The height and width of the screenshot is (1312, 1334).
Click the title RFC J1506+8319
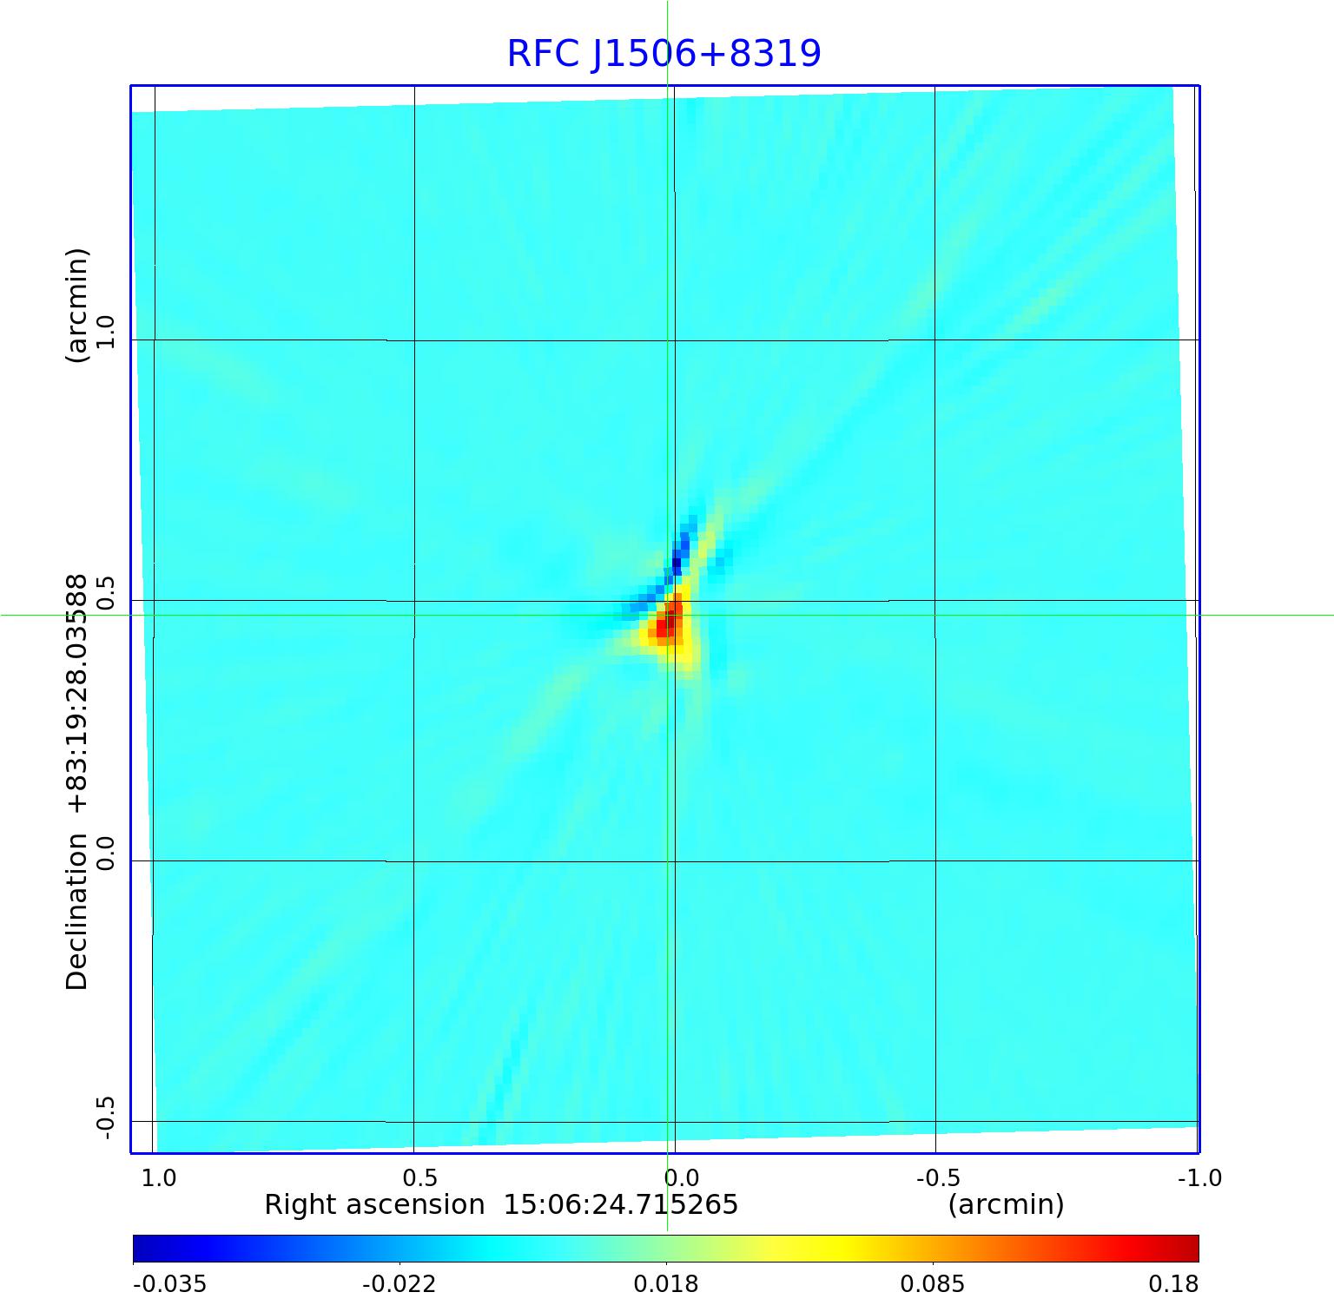click(664, 54)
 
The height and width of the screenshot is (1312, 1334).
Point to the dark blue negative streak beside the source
click(679, 556)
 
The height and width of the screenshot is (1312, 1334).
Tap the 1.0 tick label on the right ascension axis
click(158, 1178)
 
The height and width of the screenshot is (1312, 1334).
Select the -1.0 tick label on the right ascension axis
click(1199, 1178)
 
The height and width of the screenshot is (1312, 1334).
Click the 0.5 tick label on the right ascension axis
click(420, 1178)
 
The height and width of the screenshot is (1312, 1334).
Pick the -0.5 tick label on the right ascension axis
click(938, 1178)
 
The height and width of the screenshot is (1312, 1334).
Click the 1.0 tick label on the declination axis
click(105, 332)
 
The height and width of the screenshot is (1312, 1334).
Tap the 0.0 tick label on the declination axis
click(105, 853)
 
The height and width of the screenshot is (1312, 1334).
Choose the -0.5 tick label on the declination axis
click(105, 1118)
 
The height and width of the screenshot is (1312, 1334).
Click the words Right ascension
click(374, 1205)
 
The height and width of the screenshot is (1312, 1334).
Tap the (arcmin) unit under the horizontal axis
click(1006, 1205)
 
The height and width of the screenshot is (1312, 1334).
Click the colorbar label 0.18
click(1173, 1284)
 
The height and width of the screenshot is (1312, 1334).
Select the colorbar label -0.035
click(169, 1284)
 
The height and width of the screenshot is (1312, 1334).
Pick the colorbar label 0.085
click(932, 1284)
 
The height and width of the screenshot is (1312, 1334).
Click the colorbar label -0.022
click(399, 1284)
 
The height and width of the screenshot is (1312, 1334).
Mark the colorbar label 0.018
click(665, 1284)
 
